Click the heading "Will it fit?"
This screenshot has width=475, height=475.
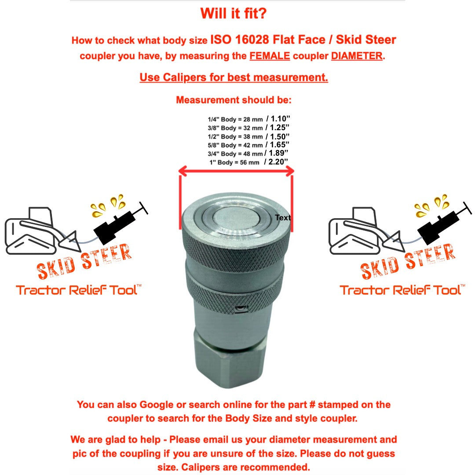[233, 13]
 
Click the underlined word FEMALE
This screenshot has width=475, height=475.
[270, 56]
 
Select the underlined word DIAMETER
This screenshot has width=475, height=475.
[357, 56]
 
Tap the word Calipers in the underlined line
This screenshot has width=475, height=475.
[184, 77]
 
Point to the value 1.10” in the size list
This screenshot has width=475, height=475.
[280, 119]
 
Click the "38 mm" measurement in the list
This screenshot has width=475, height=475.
[253, 137]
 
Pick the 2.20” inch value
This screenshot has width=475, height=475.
[278, 162]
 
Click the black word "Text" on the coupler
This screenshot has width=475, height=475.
[283, 218]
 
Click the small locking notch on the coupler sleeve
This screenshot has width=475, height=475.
[241, 309]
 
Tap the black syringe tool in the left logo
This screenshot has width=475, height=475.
[121, 223]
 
